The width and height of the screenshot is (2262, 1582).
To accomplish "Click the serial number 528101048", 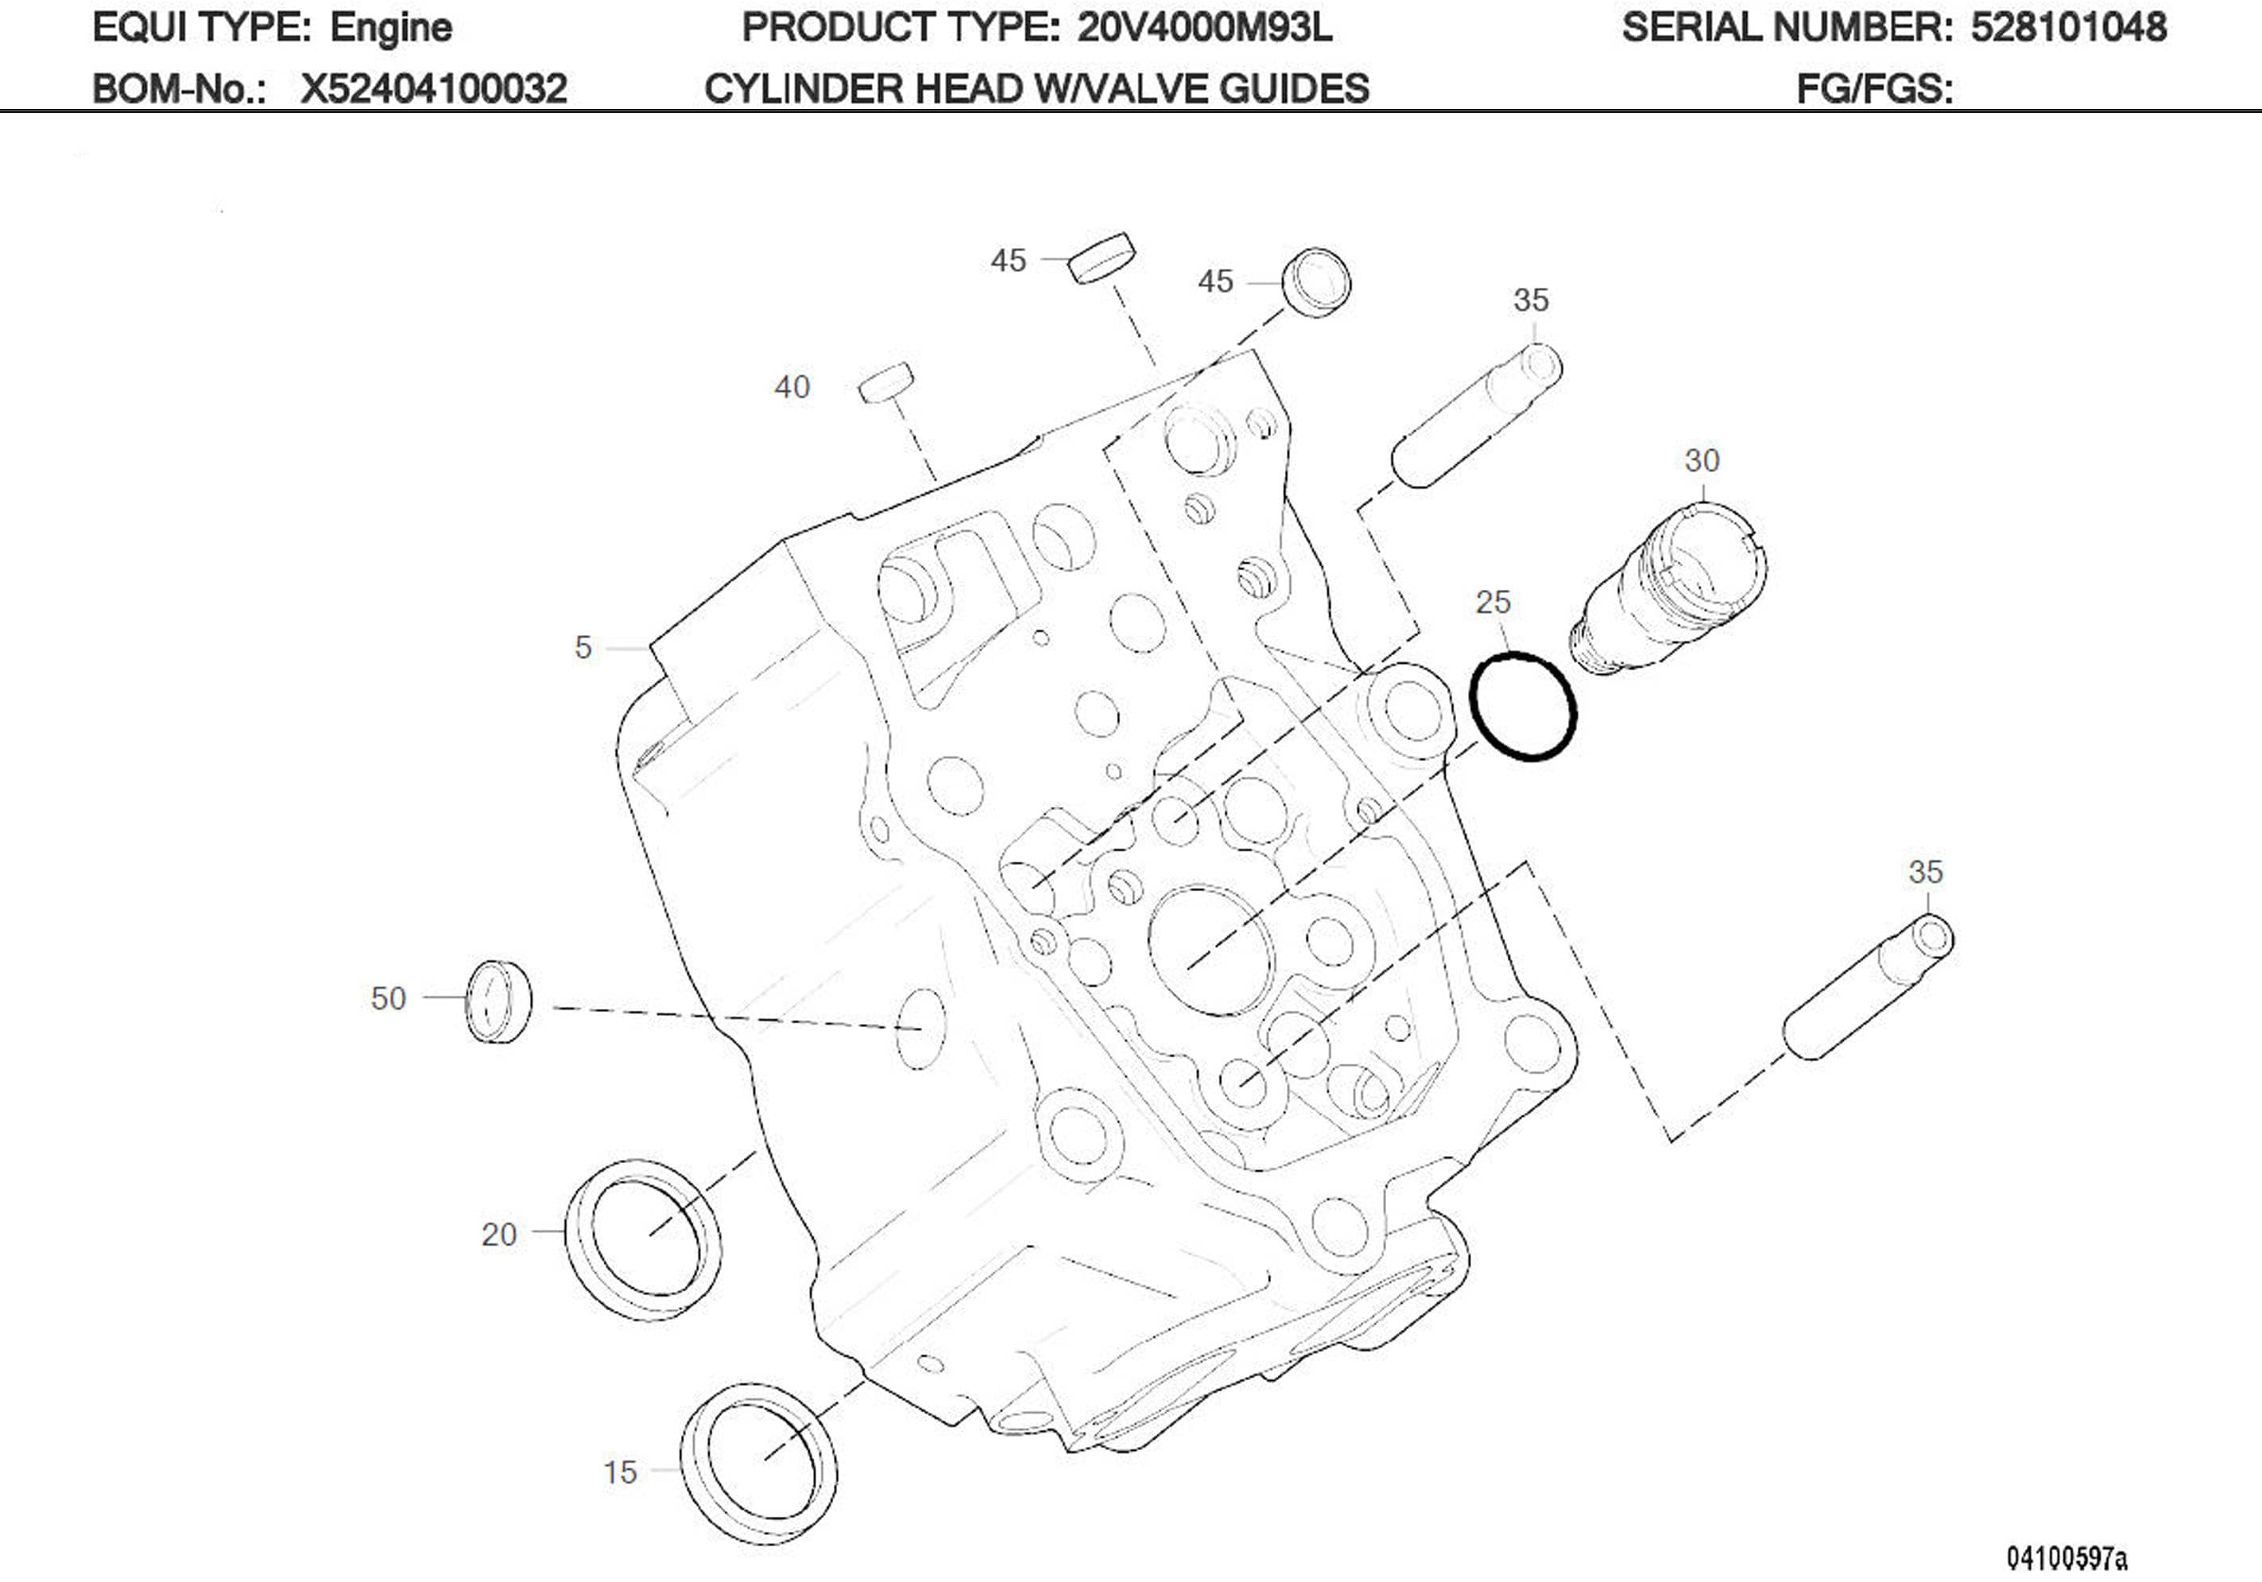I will tap(2068, 28).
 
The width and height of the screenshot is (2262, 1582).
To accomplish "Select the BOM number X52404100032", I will tap(433, 89).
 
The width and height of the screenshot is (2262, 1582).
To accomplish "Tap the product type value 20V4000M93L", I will tap(1204, 28).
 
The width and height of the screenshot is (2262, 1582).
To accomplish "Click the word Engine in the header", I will tap(390, 28).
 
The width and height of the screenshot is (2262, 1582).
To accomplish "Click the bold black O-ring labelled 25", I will tap(1522, 706).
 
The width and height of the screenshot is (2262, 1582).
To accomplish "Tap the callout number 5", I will tap(583, 648).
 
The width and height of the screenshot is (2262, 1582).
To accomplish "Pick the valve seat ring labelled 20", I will tap(642, 1239).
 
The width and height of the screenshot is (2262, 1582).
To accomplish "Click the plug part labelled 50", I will tap(498, 1000).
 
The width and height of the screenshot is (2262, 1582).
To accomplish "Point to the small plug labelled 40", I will tap(885, 382).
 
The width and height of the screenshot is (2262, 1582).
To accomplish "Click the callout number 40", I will tap(792, 387).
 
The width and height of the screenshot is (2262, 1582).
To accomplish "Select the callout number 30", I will tap(1702, 460).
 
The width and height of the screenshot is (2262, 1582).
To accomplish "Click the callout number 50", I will tap(388, 998).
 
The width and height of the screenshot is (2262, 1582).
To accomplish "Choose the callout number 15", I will tap(620, 1472).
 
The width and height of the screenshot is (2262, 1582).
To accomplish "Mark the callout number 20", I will tap(498, 1234).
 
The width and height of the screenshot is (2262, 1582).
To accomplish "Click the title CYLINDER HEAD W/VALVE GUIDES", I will tap(1036, 89).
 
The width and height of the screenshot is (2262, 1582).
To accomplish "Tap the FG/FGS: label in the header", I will tap(1874, 89).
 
